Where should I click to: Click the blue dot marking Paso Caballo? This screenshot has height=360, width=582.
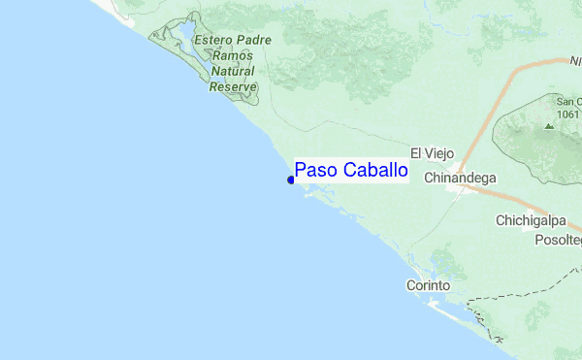(291, 180)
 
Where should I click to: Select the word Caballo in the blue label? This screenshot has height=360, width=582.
(372, 171)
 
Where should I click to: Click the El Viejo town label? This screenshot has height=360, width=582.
(433, 153)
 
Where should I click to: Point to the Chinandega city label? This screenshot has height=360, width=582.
(461, 179)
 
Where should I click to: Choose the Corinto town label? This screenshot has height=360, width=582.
(428, 286)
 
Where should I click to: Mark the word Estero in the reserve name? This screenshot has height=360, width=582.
(214, 41)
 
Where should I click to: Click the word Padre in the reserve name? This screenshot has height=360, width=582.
(254, 41)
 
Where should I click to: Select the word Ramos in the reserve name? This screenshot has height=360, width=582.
(232, 56)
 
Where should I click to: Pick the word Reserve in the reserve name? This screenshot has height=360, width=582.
(233, 86)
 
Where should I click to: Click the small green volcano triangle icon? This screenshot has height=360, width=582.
(550, 126)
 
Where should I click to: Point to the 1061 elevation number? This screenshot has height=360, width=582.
(567, 114)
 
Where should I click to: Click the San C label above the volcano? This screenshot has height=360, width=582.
(567, 101)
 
